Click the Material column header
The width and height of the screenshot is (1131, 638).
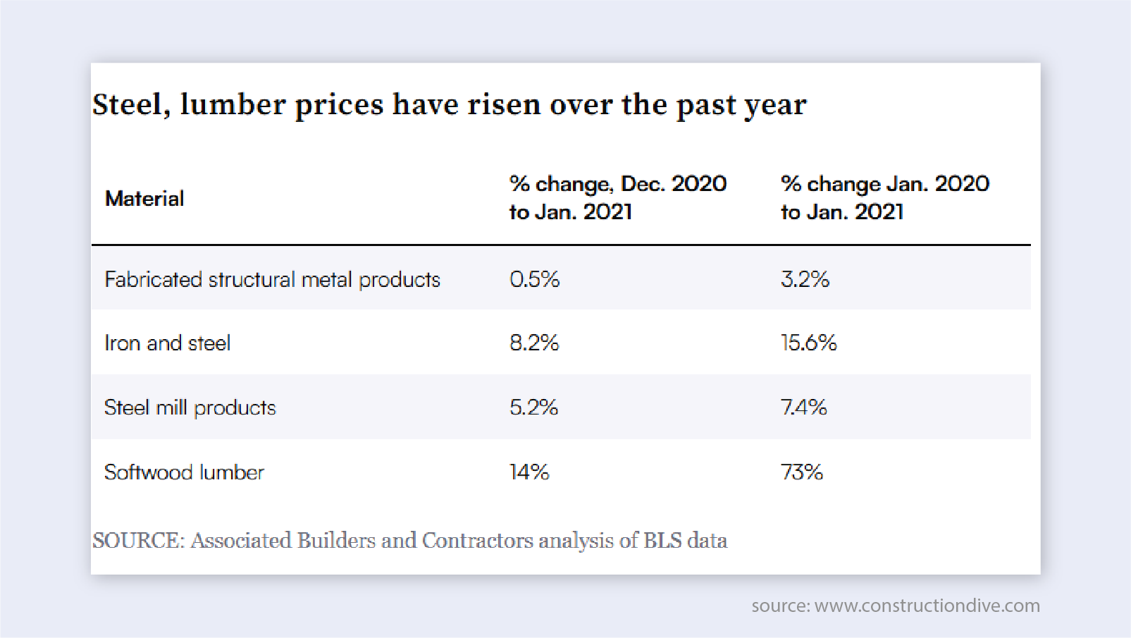point(144,199)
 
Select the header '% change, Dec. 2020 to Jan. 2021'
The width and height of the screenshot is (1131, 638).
point(617,197)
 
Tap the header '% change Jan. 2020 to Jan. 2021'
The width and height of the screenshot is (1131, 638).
point(884,197)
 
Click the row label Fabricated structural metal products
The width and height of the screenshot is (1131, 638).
point(272,280)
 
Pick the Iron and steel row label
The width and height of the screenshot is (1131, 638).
point(168,343)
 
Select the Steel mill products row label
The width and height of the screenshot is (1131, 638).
point(190,407)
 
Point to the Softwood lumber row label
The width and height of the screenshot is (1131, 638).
point(184,472)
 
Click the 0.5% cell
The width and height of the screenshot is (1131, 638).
point(534,279)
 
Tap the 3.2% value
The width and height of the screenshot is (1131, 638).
point(805,279)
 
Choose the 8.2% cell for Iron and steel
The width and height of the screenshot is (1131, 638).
point(534,343)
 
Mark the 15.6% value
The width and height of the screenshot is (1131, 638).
point(808,343)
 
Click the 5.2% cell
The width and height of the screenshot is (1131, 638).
point(533,407)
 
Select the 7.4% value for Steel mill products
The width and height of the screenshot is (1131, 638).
point(803,407)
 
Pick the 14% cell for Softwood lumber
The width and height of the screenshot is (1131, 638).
point(529,472)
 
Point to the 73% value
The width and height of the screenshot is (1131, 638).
point(801,472)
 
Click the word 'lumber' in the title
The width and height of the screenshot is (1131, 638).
point(233,104)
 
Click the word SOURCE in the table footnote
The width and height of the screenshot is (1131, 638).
point(137,541)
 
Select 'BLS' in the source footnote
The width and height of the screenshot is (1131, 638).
point(662,541)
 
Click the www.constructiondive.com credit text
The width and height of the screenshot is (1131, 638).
point(927,606)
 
